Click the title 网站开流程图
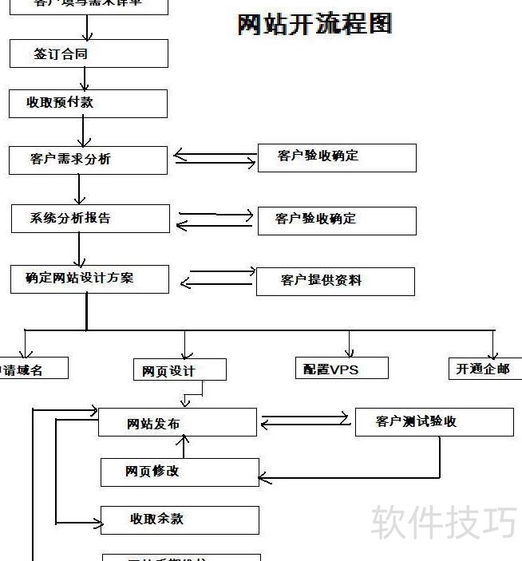tap(315, 24)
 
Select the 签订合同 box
tap(89, 54)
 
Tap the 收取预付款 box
tap(88, 104)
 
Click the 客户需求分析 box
tap(88, 160)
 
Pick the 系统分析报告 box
tap(90, 219)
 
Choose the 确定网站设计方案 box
tap(89, 279)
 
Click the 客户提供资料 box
tap(335, 281)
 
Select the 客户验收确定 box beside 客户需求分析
tap(336, 157)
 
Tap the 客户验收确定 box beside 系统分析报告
tap(336, 220)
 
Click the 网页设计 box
tap(180, 369)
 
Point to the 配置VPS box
tap(342, 368)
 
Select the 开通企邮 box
tap(484, 368)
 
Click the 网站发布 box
tap(177, 423)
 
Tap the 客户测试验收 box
tap(433, 422)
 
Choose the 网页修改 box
tap(180, 472)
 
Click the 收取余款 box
tap(180, 520)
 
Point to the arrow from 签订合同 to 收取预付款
tap(85, 78)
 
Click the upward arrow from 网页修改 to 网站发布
tap(185, 447)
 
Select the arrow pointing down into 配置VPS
tap(350, 345)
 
